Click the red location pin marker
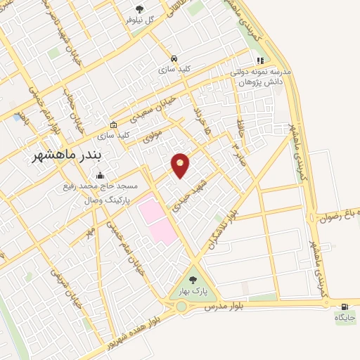181,165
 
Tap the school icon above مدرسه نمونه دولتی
260,61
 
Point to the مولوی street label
152,136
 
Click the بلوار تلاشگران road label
224,233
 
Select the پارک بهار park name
192,290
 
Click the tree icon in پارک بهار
193,279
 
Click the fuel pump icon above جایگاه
345,307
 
